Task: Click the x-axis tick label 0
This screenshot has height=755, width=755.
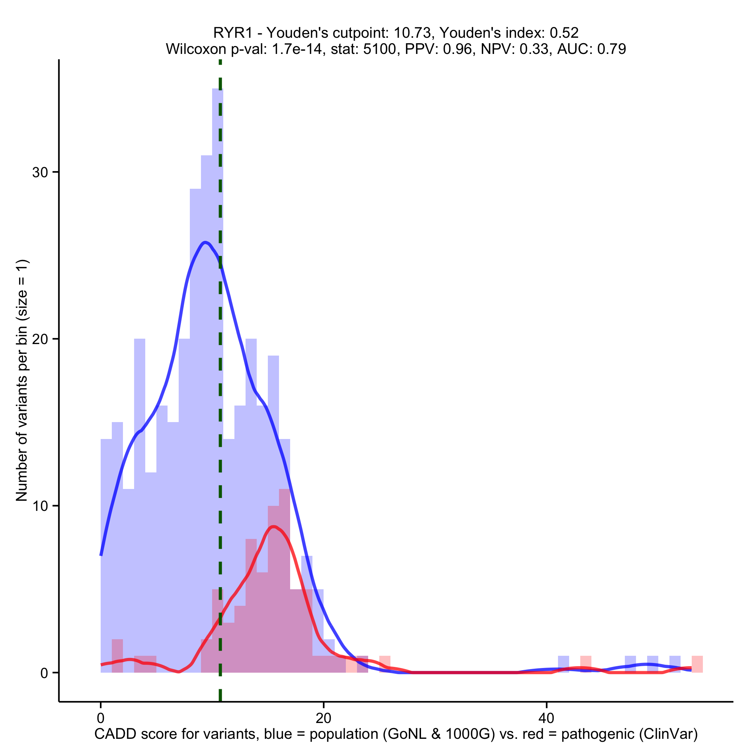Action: (100, 718)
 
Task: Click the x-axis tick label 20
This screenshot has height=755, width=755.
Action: (323, 718)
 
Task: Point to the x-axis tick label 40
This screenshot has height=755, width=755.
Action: (546, 718)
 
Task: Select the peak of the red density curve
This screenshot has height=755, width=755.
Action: (274, 527)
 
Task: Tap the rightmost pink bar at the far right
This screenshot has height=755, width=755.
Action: (697, 664)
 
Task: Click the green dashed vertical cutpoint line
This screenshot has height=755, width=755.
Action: (220, 391)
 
